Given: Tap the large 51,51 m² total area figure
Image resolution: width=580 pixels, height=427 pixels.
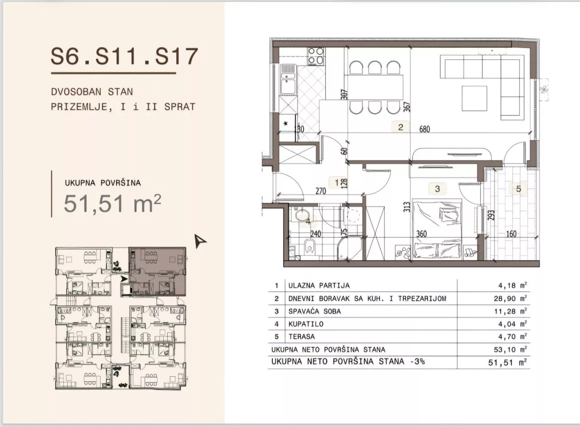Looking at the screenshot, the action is (x=113, y=204).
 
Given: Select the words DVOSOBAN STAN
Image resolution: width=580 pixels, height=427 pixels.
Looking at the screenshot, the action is (x=92, y=92).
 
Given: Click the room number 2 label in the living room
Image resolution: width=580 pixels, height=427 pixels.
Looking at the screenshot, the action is (x=401, y=127).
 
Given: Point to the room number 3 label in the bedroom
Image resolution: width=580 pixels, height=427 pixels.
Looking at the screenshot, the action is (x=437, y=189).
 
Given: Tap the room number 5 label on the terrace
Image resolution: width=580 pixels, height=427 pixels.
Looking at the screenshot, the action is (x=518, y=189).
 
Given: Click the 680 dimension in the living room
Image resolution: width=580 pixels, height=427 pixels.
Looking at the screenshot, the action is (x=425, y=129).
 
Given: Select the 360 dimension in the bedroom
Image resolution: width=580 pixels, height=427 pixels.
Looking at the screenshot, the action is (x=421, y=234).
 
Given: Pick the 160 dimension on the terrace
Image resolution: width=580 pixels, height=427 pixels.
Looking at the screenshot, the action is (x=511, y=234).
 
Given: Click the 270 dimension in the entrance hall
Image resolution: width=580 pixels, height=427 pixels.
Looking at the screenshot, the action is (x=320, y=191).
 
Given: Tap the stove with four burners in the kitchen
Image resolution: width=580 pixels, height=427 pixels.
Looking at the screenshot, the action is (x=316, y=56).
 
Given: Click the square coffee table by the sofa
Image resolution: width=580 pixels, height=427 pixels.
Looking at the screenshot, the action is (x=474, y=98).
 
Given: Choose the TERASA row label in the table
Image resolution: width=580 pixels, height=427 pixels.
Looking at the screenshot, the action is (x=302, y=337).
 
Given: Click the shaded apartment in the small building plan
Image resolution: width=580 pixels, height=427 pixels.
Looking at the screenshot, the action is (x=158, y=271).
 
